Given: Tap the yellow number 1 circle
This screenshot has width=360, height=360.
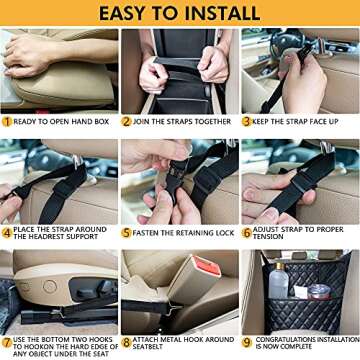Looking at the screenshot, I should point(7,121).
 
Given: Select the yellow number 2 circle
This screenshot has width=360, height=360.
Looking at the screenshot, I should point(127,121).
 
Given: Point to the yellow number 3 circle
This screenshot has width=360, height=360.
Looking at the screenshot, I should point(247,121).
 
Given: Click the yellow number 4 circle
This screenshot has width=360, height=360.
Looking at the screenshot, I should point(7,233).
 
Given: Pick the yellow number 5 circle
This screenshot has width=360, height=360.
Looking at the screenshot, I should point(127,232).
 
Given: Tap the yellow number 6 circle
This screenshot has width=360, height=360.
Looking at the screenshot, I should point(247,232).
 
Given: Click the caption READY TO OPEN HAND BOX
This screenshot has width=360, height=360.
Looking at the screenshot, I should point(63,121).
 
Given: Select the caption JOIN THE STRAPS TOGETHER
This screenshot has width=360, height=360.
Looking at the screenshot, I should point(183,121).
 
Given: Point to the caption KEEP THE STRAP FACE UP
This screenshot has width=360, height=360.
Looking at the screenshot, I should point(303,121).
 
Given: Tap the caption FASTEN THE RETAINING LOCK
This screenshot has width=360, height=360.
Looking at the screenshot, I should point(183,232).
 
